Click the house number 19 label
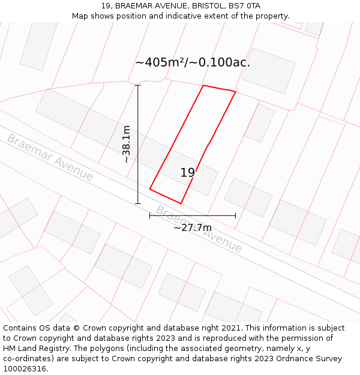click(x=188, y=173)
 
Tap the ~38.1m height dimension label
click(x=127, y=144)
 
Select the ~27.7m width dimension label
click(x=193, y=228)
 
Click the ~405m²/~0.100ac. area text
click(x=193, y=62)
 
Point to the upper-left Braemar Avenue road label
click(x=50, y=157)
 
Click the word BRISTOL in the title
click(x=208, y=6)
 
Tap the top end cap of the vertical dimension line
click(x=138, y=85)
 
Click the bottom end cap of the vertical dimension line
click(x=138, y=203)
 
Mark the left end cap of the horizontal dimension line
click(x=150, y=215)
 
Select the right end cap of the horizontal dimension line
click(x=235, y=215)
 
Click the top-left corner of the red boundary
click(x=203, y=85)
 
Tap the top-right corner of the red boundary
click(x=235, y=92)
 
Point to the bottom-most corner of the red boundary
click(x=181, y=203)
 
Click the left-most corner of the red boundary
click(x=150, y=190)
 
